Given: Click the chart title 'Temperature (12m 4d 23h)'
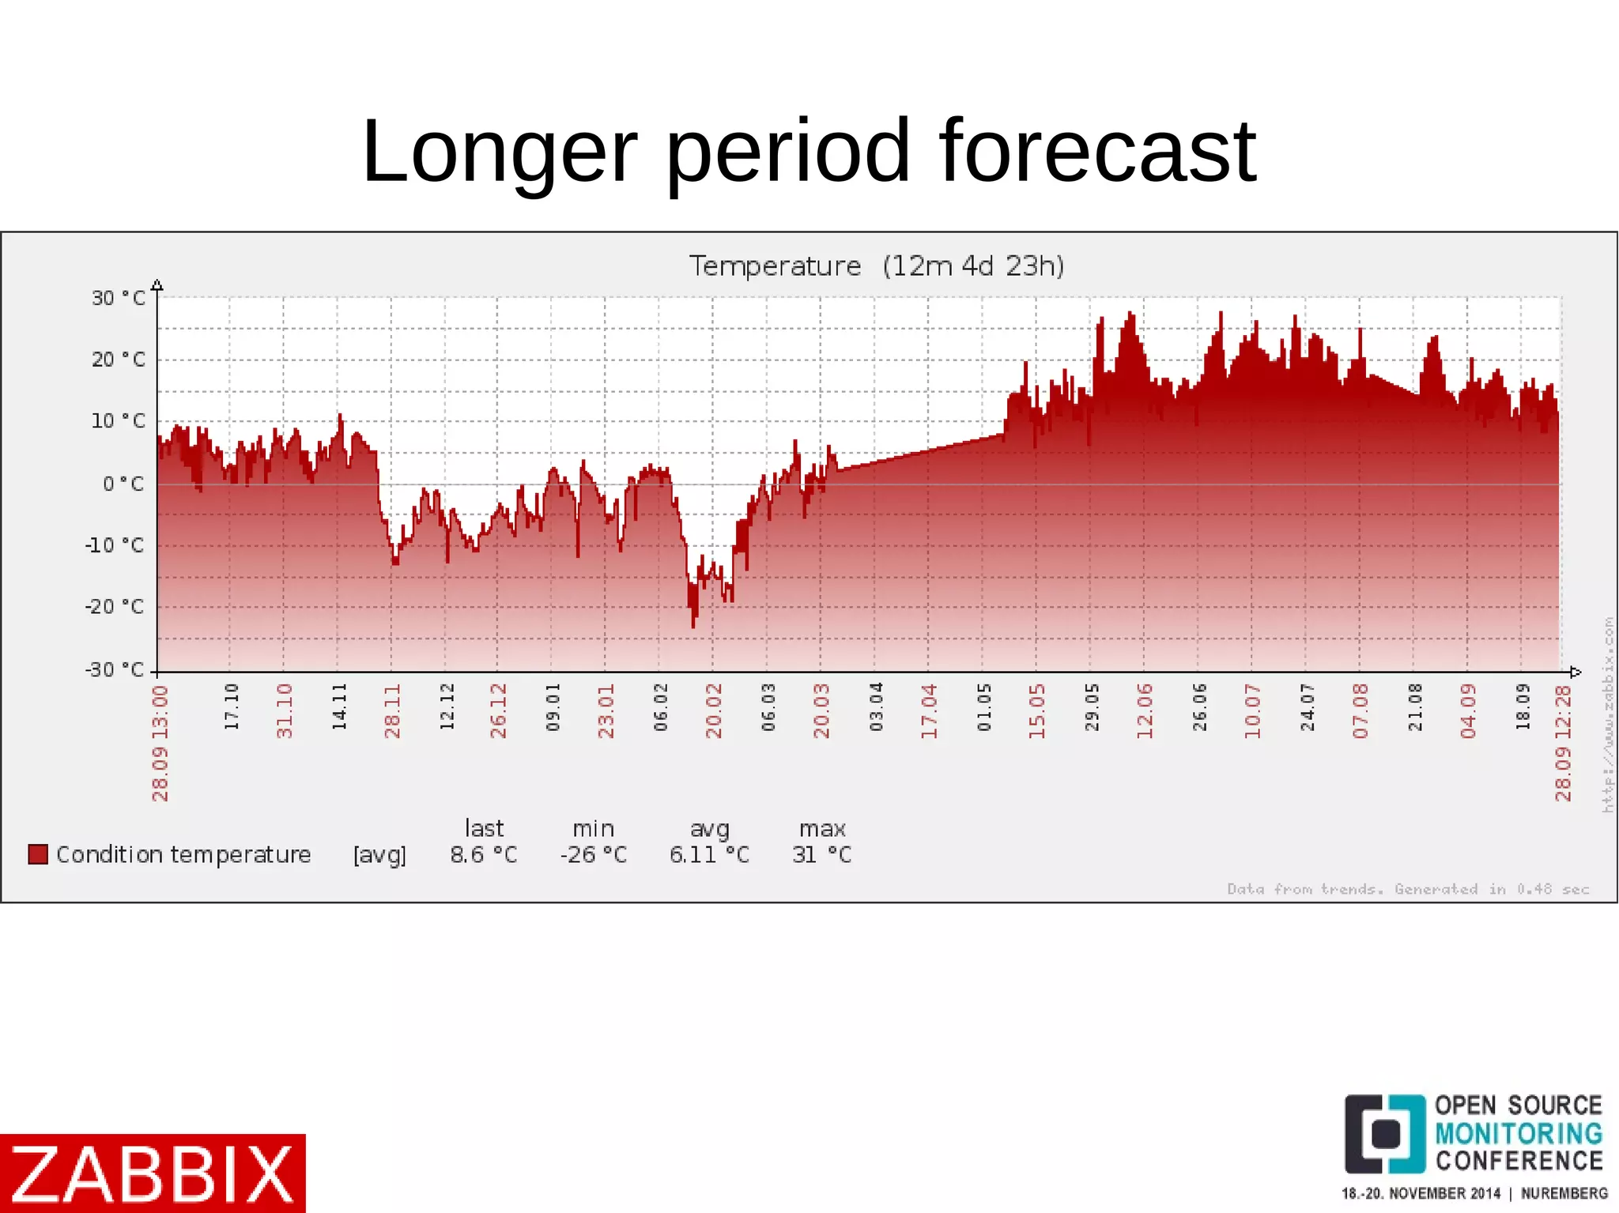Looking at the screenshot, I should pyautogui.click(x=876, y=266).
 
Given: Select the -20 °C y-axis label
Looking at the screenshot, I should pyautogui.click(x=115, y=607).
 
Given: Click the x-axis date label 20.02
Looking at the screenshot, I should pyautogui.click(x=714, y=711).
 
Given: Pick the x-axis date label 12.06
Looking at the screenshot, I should pyautogui.click(x=1145, y=711).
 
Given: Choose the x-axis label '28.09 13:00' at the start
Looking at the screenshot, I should pyautogui.click(x=160, y=743).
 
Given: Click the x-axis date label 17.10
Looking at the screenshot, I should pyautogui.click(x=231, y=707).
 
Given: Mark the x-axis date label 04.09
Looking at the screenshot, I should pyautogui.click(x=1468, y=711).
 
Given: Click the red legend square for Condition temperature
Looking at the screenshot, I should pyautogui.click(x=38, y=854).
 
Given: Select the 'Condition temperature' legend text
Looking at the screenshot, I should pyautogui.click(x=183, y=854).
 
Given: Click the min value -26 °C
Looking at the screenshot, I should pyautogui.click(x=593, y=854).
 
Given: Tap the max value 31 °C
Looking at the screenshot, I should pyautogui.click(x=822, y=854).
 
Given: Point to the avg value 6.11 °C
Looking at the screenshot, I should pyautogui.click(x=709, y=854).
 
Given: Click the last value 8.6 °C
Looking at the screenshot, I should pyautogui.click(x=484, y=854).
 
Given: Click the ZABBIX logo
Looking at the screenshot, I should pyautogui.click(x=153, y=1173).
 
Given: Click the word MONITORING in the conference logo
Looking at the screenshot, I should pyautogui.click(x=1519, y=1133).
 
